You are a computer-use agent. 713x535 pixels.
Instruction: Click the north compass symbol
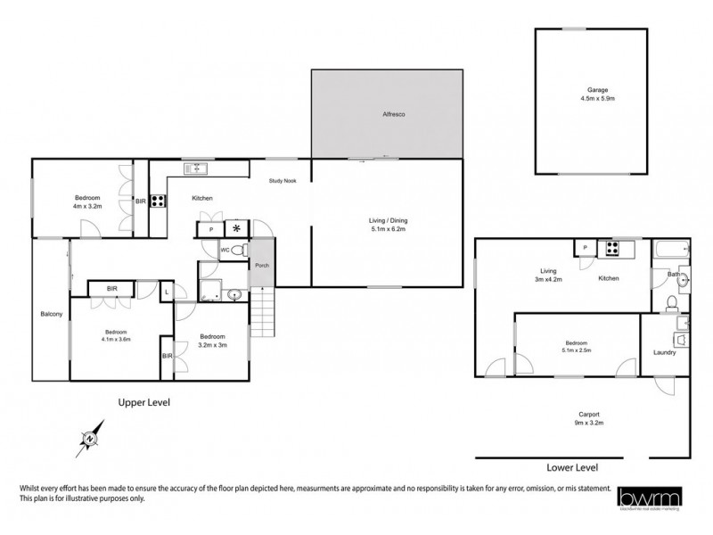coord(90,438)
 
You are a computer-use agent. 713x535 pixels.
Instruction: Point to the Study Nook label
coord(283,181)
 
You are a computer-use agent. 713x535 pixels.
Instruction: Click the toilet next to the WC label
coord(237,251)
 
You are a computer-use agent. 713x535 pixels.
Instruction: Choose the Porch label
coord(262,266)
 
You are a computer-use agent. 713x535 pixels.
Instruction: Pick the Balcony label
coord(51,314)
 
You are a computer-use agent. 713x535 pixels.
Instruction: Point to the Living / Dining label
coord(387,224)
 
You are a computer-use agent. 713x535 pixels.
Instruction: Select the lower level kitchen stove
coord(614,247)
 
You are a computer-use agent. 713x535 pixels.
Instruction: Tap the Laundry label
coord(664,352)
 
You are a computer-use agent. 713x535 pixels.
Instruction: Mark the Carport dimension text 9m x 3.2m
coord(588,424)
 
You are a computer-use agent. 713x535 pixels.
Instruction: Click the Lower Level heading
coord(571,467)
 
